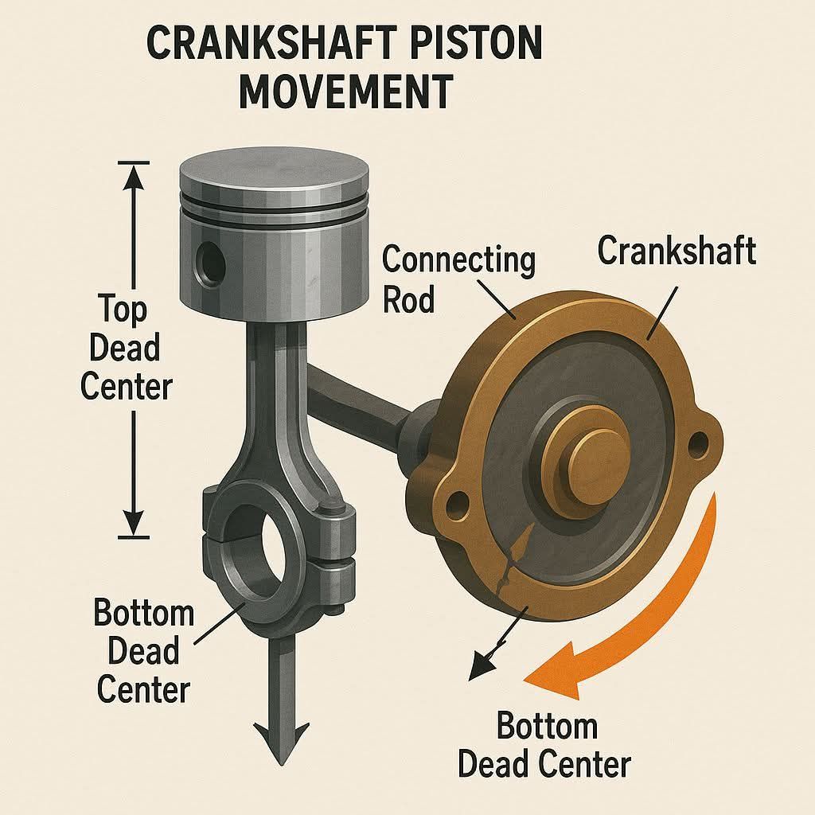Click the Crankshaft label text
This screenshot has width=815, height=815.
[x=677, y=251]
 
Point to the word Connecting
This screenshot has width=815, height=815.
[x=458, y=260]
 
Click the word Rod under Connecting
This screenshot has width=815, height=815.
[x=408, y=300]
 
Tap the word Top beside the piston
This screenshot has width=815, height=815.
[x=123, y=310]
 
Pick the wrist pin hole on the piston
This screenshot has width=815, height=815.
[x=212, y=265]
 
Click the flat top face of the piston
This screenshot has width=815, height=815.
[x=274, y=170]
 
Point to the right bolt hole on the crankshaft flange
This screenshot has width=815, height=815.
[x=697, y=443]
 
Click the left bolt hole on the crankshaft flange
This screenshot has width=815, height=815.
[x=458, y=503]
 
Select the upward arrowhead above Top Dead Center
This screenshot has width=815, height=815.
[x=134, y=180]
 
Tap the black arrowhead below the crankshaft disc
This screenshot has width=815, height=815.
[x=482, y=667]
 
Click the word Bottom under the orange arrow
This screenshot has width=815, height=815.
[x=547, y=726]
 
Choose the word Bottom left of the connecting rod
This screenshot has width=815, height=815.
[x=144, y=614]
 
